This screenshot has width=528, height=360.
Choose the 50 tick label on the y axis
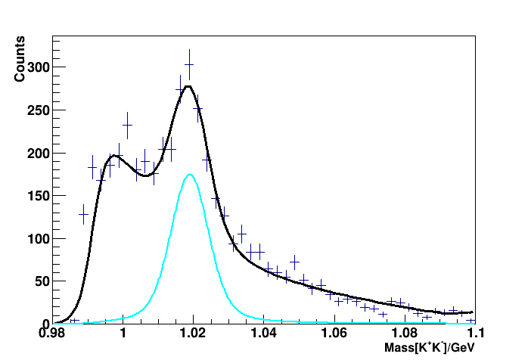click(39, 281)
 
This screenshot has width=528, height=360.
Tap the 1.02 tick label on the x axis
click(193, 334)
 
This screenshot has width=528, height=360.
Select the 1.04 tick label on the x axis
click(264, 334)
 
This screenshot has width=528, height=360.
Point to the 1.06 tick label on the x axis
click(334, 334)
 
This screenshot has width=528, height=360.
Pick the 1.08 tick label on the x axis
click(405, 334)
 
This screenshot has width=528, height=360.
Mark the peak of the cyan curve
click(190, 175)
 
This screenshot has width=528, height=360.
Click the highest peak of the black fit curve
click(188, 86)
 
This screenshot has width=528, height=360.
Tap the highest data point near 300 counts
click(189, 66)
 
